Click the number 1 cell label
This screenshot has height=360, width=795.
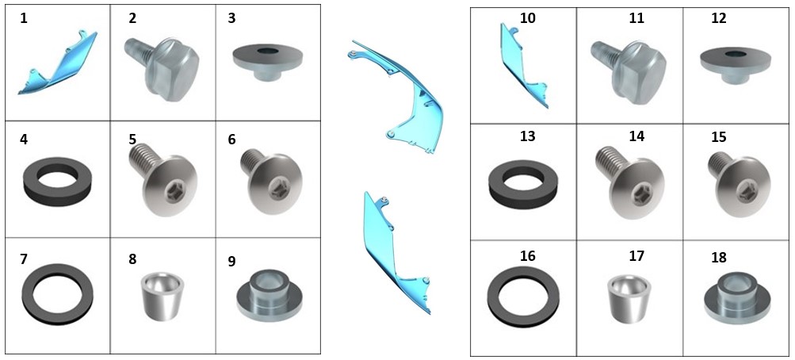coord(23,19)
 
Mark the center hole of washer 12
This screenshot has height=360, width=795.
coord(735,53)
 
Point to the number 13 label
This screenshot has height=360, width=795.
coord(528,136)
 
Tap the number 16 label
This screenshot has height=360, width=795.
coord(528,256)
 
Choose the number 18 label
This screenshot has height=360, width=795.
coord(718,257)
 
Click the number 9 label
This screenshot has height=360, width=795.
coord(231,261)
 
